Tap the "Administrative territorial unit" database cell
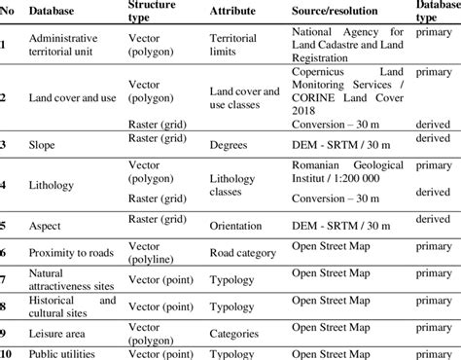coord(65,45)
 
